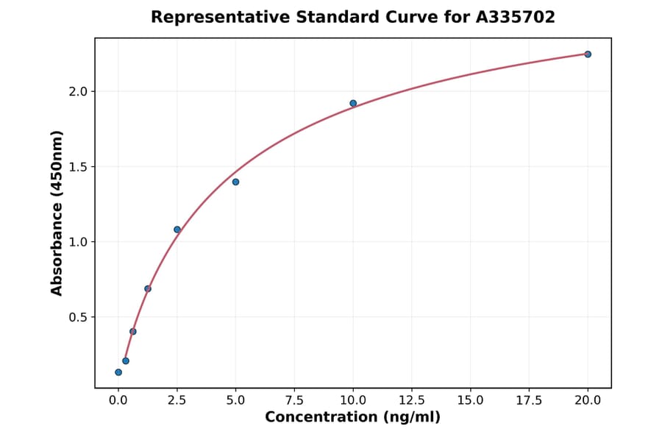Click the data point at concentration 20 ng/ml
[x=588, y=54]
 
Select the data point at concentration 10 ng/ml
[x=353, y=104]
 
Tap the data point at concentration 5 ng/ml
[x=235, y=182]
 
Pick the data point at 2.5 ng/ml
[x=177, y=230]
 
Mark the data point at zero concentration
[x=118, y=372]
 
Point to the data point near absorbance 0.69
[x=148, y=288]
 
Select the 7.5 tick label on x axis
[x=294, y=400]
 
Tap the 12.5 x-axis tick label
[x=411, y=400]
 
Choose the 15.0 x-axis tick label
[x=470, y=400]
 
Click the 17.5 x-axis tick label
[x=529, y=400]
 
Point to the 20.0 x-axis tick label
[x=588, y=400]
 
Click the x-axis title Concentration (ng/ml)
[x=352, y=418]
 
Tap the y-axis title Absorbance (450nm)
[x=57, y=213]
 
